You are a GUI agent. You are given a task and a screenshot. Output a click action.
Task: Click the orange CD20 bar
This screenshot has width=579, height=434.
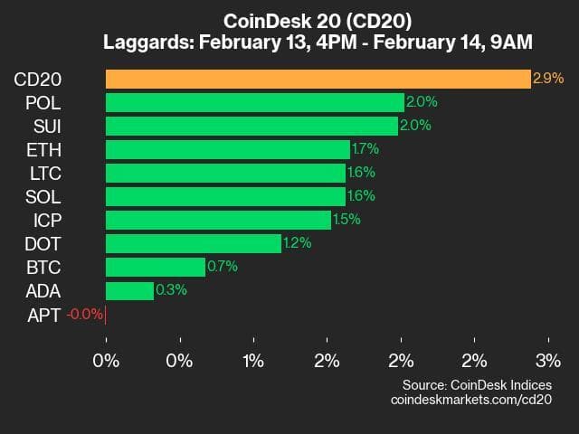click(318, 79)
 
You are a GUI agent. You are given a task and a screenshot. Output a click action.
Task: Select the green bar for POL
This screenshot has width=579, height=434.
click(254, 102)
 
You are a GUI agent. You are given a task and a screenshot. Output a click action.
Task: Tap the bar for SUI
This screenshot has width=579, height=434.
click(252, 126)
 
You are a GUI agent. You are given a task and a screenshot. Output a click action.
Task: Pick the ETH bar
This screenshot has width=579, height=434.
click(227, 149)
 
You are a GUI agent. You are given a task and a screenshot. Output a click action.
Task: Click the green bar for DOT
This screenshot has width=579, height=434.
click(193, 243)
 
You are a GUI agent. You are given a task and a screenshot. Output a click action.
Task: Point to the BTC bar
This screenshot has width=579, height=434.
click(155, 267)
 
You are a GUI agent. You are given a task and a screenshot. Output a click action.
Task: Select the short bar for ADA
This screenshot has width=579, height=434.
click(129, 290)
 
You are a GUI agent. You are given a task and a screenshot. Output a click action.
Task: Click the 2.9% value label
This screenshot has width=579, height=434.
click(549, 79)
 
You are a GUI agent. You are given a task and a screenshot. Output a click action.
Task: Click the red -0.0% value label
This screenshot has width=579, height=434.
click(84, 314)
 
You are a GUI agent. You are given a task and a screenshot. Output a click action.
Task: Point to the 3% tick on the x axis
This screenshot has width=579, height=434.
click(548, 362)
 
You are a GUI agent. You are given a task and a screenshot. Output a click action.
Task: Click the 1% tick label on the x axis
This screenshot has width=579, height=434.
click(253, 362)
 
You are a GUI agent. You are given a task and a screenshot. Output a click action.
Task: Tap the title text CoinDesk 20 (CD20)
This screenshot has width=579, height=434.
click(289, 20)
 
